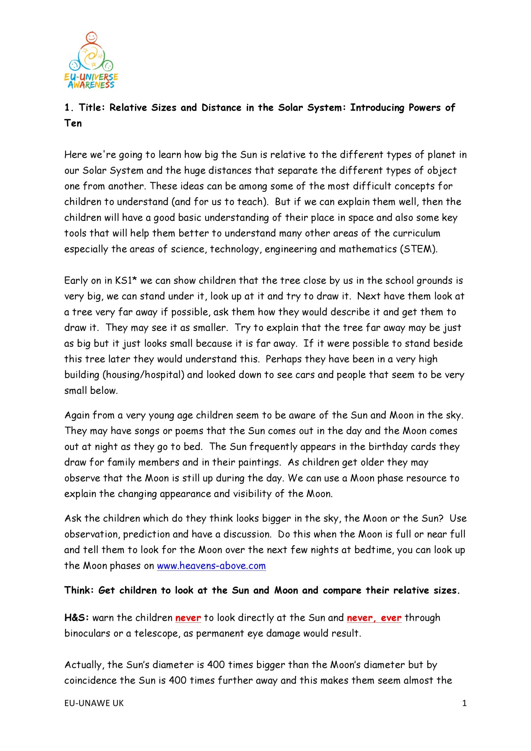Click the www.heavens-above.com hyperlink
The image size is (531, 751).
211,566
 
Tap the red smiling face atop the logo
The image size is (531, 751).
91,37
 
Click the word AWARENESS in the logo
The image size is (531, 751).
91,85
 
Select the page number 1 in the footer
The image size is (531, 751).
464,703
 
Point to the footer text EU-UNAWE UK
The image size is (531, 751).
94,703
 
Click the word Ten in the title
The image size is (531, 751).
73,123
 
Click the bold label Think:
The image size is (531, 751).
79,590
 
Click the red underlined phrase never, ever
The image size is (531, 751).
374,618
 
